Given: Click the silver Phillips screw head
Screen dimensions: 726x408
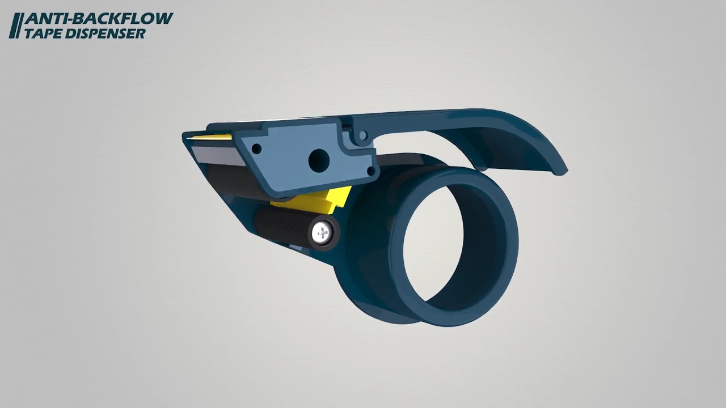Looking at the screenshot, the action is [322, 233].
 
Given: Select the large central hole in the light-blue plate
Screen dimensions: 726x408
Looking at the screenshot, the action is [319, 160].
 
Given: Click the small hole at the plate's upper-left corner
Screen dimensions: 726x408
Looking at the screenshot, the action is [256, 149].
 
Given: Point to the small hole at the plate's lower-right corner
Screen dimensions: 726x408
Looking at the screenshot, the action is [371, 171].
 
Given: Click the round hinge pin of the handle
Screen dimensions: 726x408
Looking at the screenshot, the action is [363, 135].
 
